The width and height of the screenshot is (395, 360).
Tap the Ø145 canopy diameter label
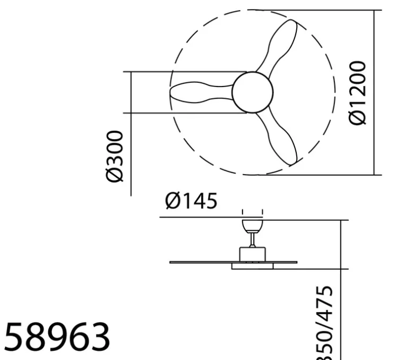tap(191, 201)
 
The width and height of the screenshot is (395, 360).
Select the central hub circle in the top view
tap(252, 92)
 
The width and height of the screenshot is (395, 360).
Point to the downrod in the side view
tap(252, 240)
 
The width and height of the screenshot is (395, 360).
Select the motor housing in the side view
tap(252, 254)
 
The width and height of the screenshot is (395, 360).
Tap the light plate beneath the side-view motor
tap(252, 266)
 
